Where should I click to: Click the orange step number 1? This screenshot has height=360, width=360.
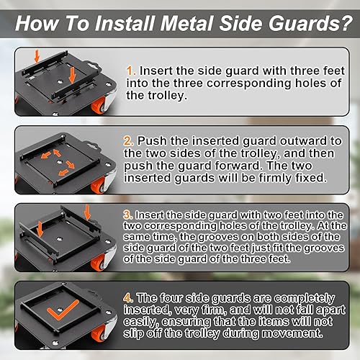pyautogui.click(x=131, y=71)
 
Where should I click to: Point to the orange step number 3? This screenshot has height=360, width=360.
pyautogui.click(x=128, y=215)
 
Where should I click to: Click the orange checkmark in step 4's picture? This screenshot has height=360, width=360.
pyautogui.click(x=62, y=310)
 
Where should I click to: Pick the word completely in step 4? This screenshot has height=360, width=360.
pyautogui.click(x=305, y=298)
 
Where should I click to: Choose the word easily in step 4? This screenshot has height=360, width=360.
pyautogui.click(x=141, y=322)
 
